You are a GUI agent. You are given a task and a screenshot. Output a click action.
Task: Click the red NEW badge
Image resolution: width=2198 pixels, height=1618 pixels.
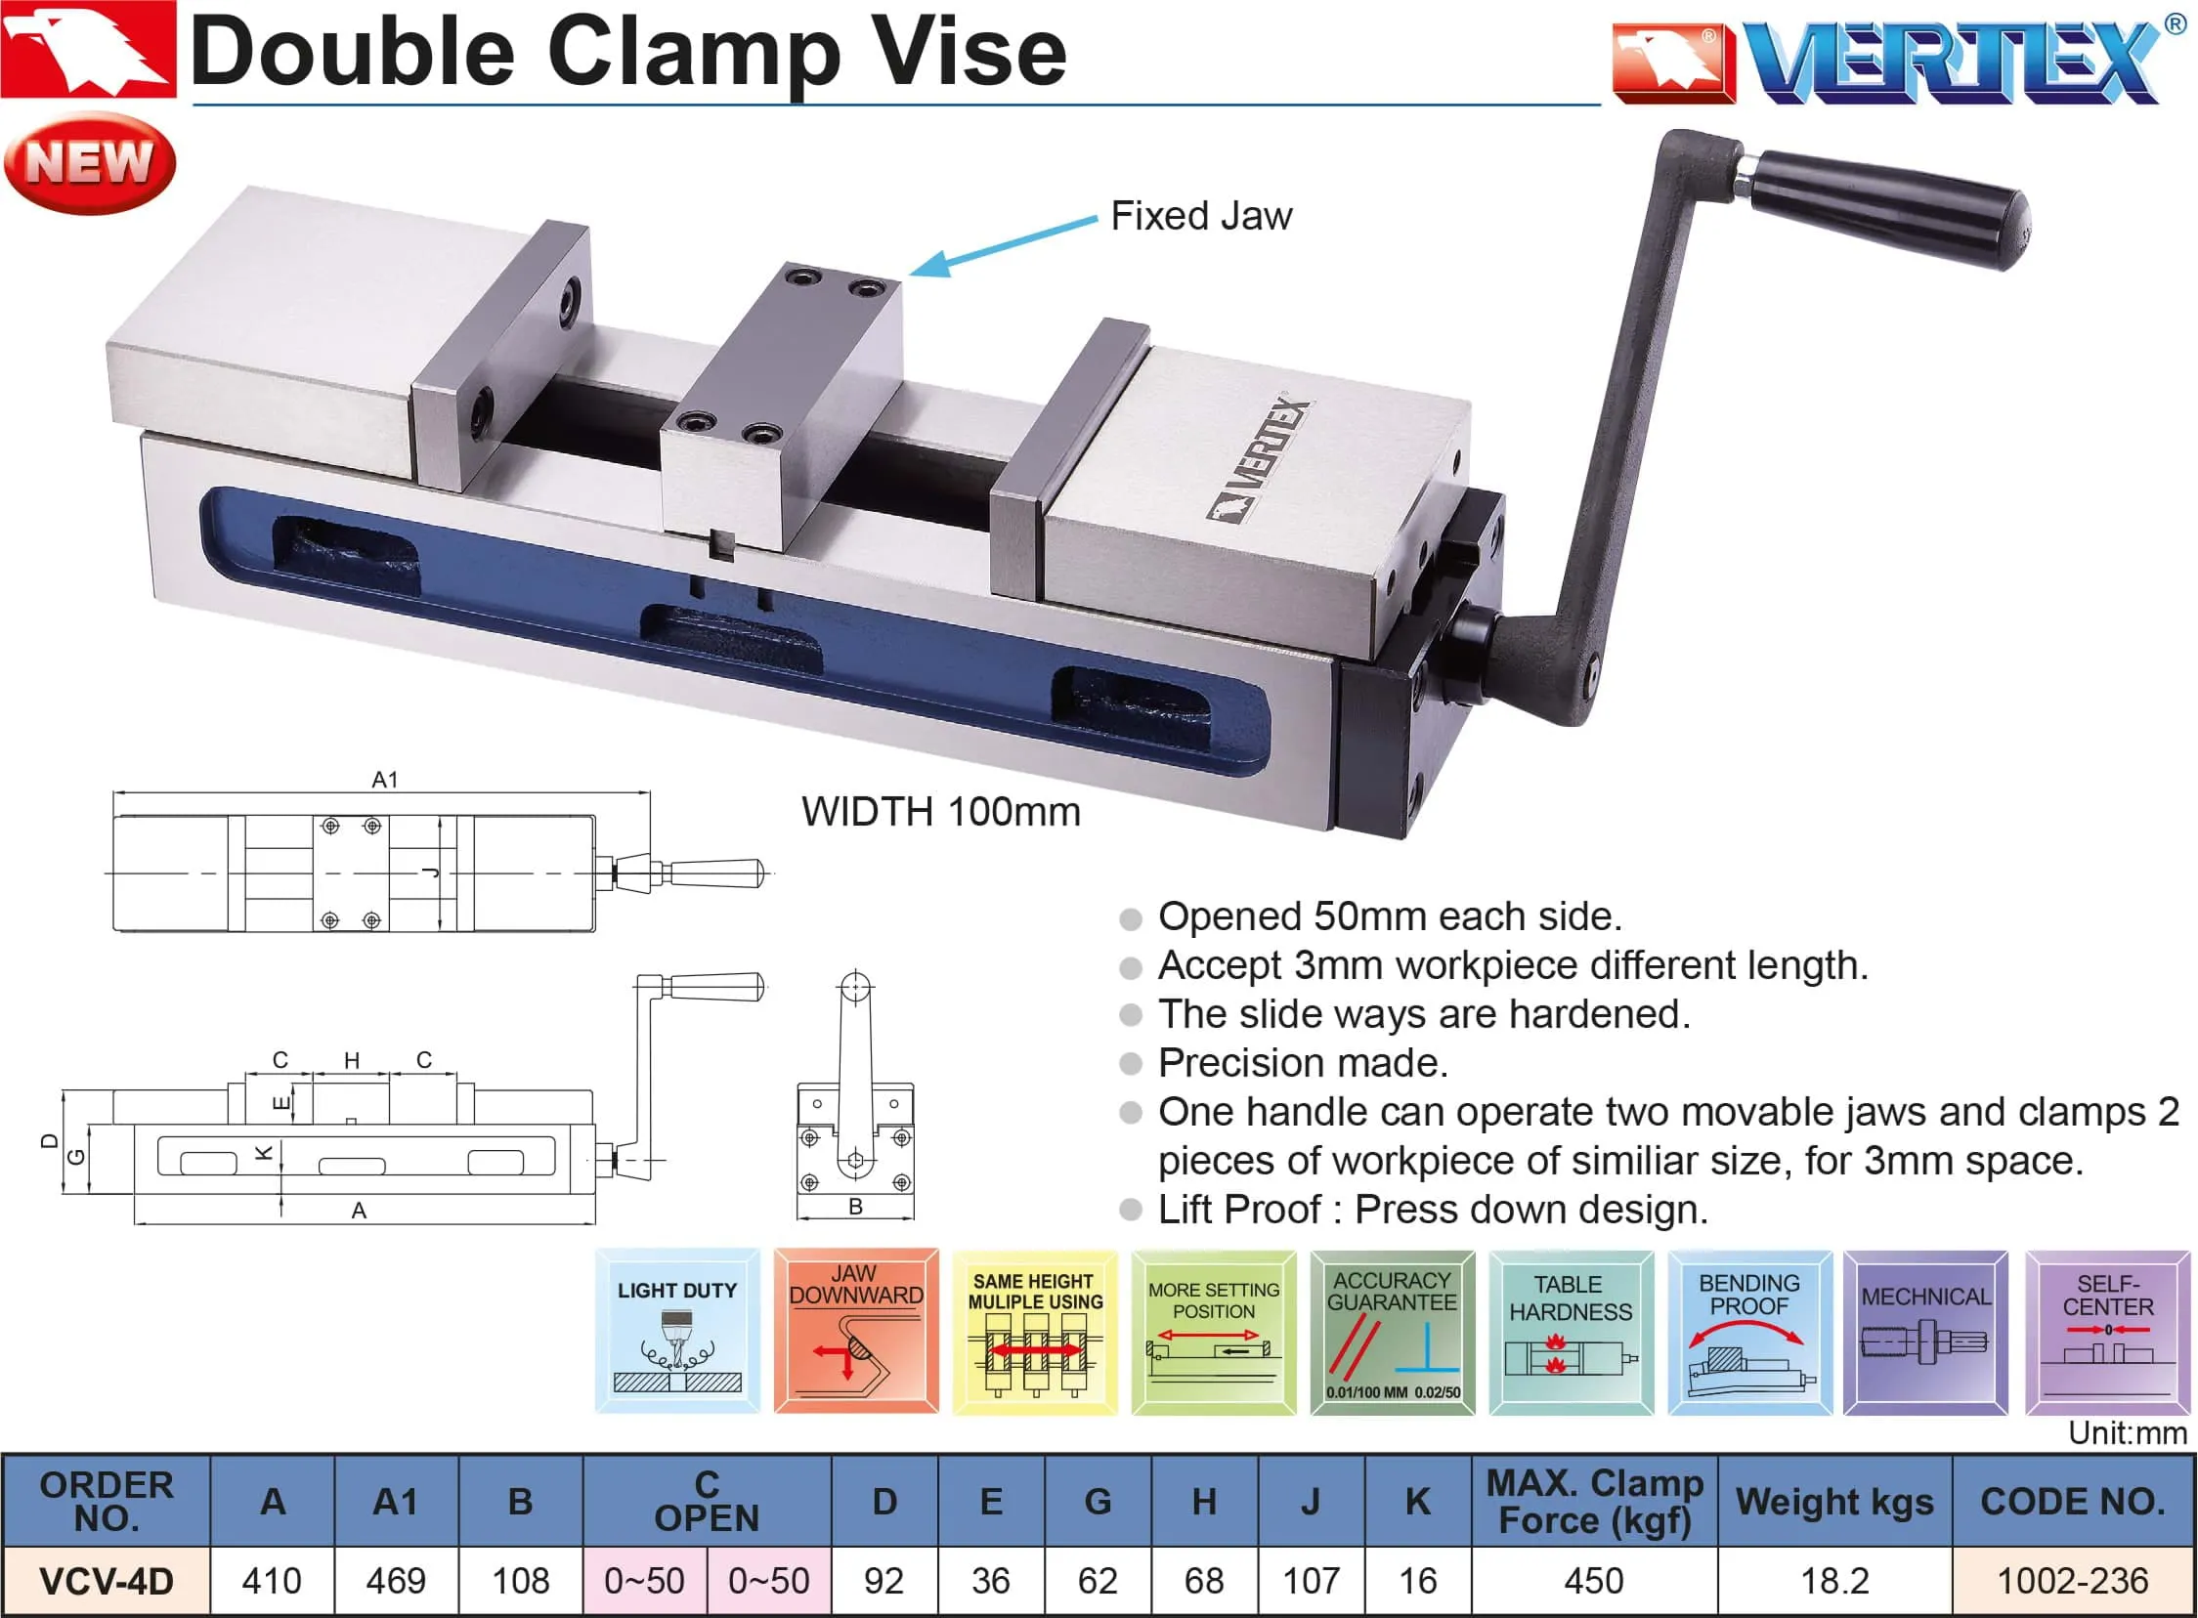coord(89,163)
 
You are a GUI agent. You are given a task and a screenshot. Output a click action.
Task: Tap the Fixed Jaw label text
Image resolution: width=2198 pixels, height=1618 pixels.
coord(1201,217)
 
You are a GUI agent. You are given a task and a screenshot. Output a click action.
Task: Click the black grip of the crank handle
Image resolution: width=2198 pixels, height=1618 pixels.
coord(1888,209)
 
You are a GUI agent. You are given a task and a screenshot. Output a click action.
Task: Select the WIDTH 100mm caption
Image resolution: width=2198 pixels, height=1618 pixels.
coord(940,812)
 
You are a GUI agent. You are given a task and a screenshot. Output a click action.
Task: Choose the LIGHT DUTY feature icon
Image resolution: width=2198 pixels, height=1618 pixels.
coord(677,1331)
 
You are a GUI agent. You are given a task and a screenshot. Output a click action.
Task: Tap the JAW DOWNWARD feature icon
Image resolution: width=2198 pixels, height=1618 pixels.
coord(856,1331)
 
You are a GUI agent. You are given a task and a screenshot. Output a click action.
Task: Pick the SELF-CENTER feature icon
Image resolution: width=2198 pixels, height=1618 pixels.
coord(2107,1331)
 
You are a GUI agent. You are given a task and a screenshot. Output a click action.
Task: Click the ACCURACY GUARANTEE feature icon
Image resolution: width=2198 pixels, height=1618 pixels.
coord(1392,1331)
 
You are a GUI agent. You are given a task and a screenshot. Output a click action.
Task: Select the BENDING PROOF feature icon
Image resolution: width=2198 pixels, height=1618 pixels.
coord(1749,1331)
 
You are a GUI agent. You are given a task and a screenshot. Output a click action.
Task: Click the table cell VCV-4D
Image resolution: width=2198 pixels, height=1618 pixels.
coord(106,1581)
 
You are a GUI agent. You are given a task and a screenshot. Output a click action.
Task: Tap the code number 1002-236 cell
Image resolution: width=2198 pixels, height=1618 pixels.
coord(2073,1581)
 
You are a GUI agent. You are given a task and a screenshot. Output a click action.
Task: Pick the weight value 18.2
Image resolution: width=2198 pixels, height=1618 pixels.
coord(1834,1581)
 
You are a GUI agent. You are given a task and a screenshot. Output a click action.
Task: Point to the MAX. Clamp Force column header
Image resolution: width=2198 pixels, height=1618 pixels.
coord(1594,1502)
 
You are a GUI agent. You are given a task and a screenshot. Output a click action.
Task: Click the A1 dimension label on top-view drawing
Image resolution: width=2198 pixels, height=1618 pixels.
coord(385,780)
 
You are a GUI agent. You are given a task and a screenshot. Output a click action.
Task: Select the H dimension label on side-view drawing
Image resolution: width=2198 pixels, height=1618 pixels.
coord(352,1060)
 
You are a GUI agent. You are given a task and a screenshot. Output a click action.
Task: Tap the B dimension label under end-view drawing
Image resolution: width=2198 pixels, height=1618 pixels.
coord(855,1207)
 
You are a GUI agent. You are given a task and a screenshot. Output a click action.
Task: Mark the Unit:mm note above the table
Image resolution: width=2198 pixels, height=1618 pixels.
coord(2128,1433)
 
